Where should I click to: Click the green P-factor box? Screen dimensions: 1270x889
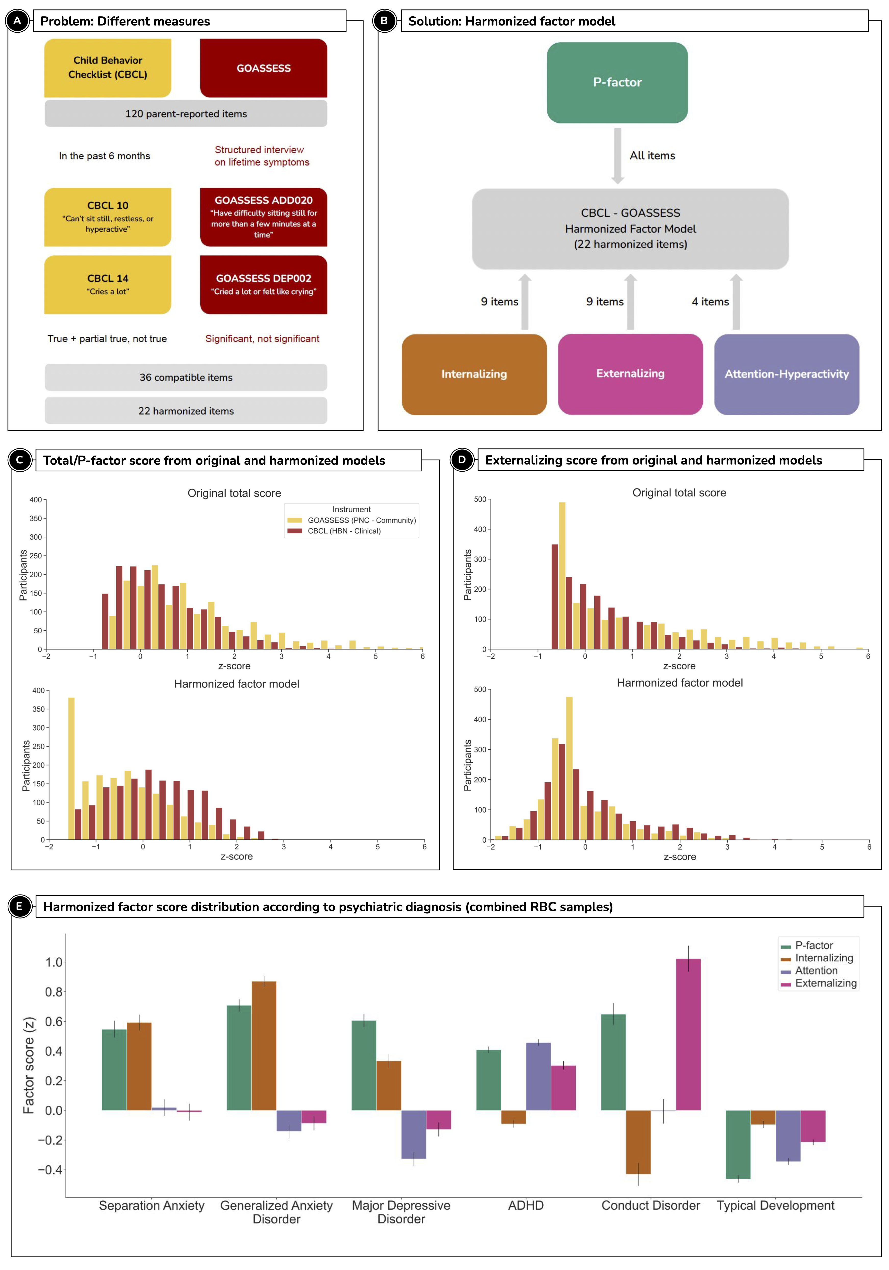tap(617, 82)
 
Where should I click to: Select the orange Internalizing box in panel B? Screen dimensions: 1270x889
tap(474, 374)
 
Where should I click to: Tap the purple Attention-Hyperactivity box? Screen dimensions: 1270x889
tap(786, 374)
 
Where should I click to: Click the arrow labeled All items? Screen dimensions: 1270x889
tap(617, 155)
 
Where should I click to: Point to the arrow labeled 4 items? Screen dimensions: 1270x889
tap(736, 302)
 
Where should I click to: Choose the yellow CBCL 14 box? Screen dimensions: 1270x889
tap(108, 284)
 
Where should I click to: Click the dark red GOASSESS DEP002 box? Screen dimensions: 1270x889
tap(263, 284)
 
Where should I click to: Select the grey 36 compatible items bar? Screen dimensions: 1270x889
tap(186, 377)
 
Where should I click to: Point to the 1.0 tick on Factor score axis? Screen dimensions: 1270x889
tap(54, 962)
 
